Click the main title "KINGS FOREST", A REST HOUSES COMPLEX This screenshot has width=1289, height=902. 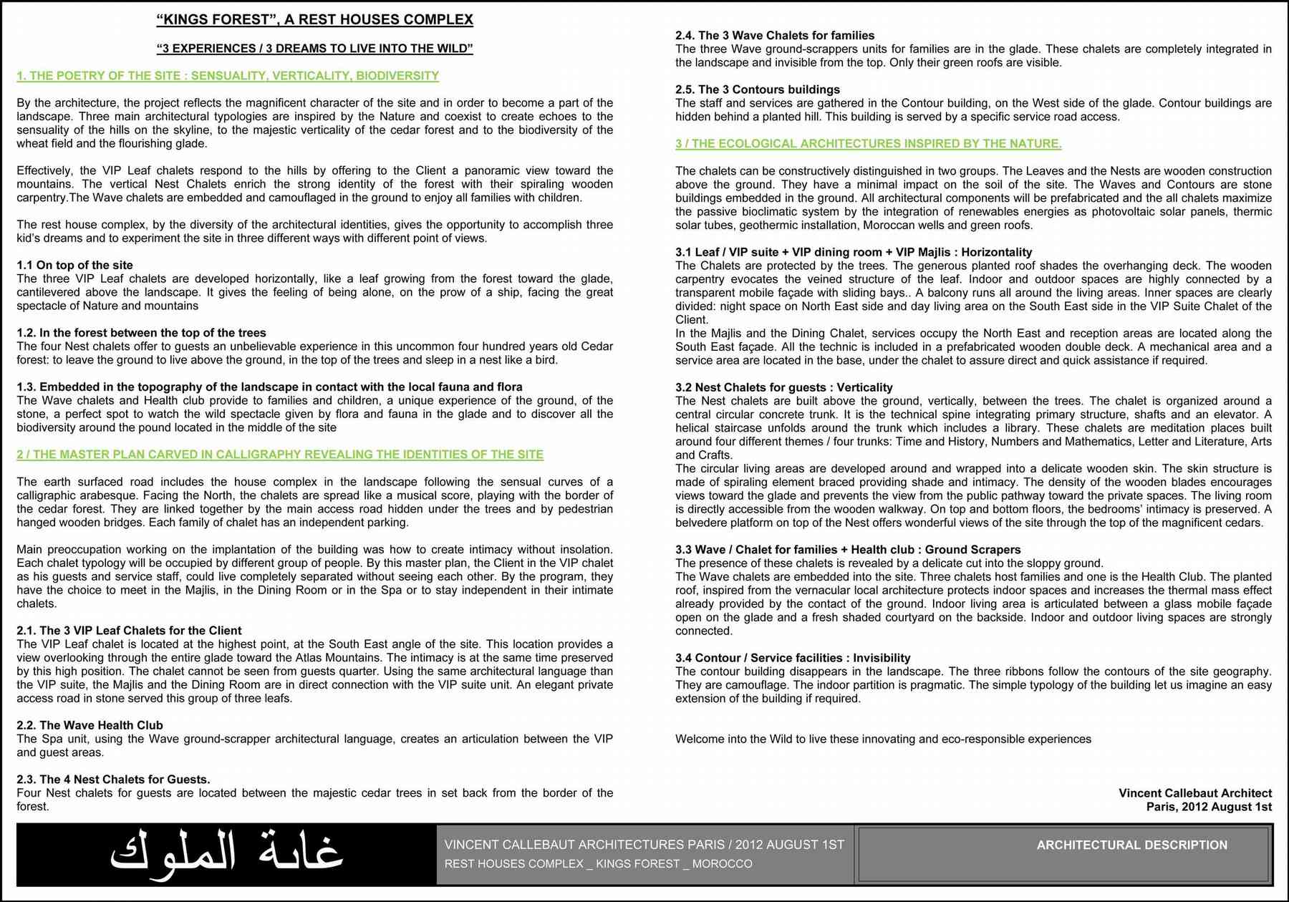coord(314,20)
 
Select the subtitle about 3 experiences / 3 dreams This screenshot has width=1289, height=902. coord(314,49)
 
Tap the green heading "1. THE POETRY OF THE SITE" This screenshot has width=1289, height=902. coord(228,76)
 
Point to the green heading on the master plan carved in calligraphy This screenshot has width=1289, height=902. coord(280,455)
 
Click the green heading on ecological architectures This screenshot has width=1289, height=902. coord(868,144)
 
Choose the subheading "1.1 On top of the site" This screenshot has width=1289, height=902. coord(74,266)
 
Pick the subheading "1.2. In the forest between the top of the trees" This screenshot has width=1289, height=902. coord(141,333)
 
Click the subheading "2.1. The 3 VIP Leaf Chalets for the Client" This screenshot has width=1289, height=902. coord(129,631)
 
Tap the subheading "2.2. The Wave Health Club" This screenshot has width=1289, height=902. coord(90,725)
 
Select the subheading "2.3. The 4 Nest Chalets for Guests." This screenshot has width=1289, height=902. coord(113,780)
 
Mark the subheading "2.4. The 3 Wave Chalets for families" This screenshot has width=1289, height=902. coord(775,36)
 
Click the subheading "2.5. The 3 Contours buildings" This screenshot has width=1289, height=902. coord(758,89)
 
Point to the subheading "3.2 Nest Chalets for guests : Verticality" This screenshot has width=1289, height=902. coord(784,387)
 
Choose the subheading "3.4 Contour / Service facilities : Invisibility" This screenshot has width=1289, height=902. coord(793,658)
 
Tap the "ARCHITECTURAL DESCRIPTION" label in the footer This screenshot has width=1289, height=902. coord(1131,845)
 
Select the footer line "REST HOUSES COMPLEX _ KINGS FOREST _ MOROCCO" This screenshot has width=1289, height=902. coord(598,864)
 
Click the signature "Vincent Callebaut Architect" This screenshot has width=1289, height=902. coord(1195,793)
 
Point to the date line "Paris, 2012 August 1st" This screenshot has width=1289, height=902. coord(1209,807)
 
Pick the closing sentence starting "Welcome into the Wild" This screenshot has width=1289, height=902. coord(883,739)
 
